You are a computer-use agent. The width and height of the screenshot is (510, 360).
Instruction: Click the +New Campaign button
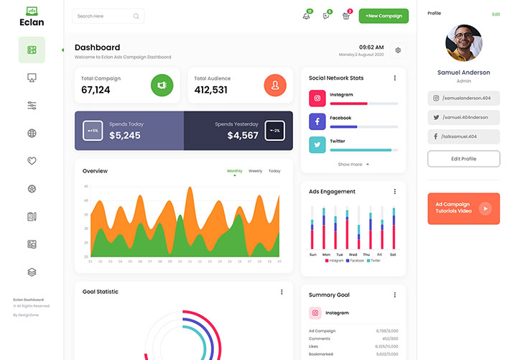[384, 16]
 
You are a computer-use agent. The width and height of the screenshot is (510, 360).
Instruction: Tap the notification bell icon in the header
[307, 16]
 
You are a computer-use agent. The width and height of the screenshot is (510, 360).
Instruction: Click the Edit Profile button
[463, 158]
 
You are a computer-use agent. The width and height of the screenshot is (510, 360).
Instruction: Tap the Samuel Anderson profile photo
[463, 43]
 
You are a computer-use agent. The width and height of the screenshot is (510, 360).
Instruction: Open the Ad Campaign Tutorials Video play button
[486, 208]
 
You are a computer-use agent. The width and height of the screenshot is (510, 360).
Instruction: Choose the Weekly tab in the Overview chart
[255, 171]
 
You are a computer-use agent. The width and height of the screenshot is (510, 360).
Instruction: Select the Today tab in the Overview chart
[274, 171]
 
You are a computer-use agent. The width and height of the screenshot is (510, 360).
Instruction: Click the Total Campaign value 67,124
[96, 90]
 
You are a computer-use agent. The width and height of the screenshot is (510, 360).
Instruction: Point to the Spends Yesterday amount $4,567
[243, 135]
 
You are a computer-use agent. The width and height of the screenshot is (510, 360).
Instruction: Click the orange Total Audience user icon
[275, 86]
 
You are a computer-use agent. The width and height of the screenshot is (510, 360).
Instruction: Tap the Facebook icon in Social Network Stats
[317, 121]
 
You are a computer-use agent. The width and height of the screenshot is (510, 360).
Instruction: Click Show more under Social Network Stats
[353, 165]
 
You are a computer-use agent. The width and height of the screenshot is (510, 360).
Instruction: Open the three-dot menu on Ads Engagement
[394, 192]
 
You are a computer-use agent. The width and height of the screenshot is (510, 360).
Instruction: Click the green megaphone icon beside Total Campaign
[162, 86]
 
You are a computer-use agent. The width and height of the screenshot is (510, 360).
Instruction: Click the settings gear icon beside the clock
[399, 50]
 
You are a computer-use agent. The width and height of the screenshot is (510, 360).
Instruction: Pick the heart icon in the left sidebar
[32, 161]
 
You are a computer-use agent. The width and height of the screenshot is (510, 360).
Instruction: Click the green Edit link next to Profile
[496, 14]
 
